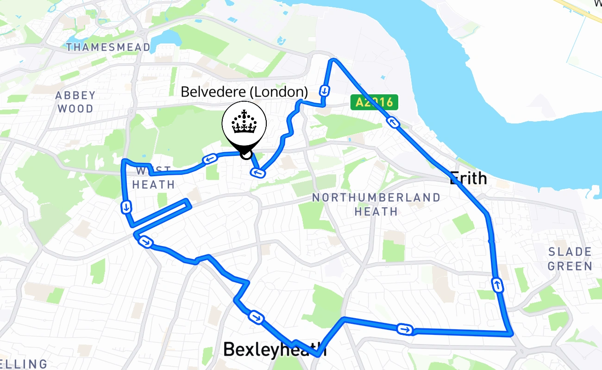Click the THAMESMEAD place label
pyautogui.click(x=108, y=47)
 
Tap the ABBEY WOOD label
pyautogui.click(x=75, y=102)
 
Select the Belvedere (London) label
pyautogui.click(x=244, y=92)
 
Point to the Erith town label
pyautogui.click(x=468, y=178)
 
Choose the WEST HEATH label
pyautogui.click(x=154, y=178)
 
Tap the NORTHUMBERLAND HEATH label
pyautogui.click(x=376, y=204)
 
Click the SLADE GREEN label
pyautogui.click(x=570, y=259)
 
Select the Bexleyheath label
pyautogui.click(x=275, y=349)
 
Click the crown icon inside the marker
pyautogui.click(x=244, y=123)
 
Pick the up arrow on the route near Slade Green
pyautogui.click(x=497, y=285)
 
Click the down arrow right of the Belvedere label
pyautogui.click(x=325, y=90)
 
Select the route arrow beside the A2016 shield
pyautogui.click(x=393, y=123)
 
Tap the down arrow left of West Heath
pyautogui.click(x=126, y=207)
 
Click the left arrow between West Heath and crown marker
pyautogui.click(x=209, y=160)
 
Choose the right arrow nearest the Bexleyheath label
pyautogui.click(x=256, y=317)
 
